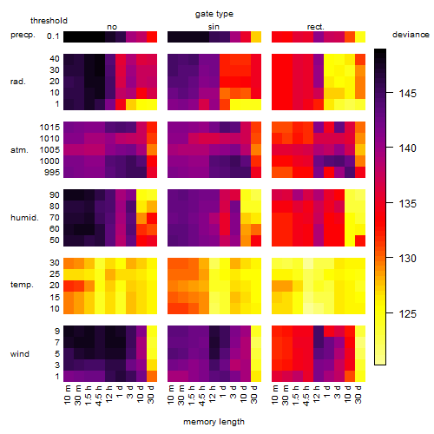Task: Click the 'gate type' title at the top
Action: [x=214, y=14]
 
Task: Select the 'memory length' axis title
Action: [x=214, y=422]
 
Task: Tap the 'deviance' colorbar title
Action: [x=411, y=35]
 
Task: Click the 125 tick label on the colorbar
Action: [x=408, y=313]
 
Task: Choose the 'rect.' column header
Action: [x=316, y=27]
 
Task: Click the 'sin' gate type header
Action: [x=214, y=27]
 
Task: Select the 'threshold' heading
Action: [x=49, y=21]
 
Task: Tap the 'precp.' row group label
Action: [x=23, y=35]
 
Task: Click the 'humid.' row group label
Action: [x=24, y=218]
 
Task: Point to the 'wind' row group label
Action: [x=20, y=354]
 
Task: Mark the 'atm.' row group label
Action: [x=19, y=150]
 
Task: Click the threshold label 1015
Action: [x=49, y=128]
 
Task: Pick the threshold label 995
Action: [x=52, y=173]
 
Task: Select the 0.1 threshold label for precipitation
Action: [x=53, y=36]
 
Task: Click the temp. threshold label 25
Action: [x=55, y=274]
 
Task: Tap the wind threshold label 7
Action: [x=57, y=343]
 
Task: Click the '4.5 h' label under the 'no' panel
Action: [x=98, y=396]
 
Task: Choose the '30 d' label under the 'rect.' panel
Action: [x=358, y=395]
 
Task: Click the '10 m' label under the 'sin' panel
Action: [x=171, y=395]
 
